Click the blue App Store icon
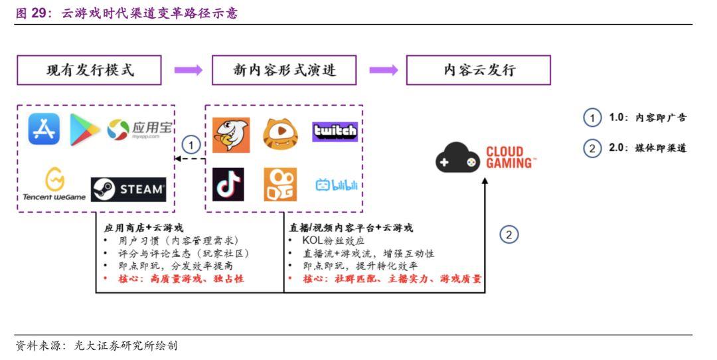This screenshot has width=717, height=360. click(x=44, y=129)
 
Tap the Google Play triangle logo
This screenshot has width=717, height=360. click(x=85, y=129)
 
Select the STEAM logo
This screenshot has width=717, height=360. click(x=129, y=189)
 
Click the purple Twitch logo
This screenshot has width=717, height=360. click(x=335, y=132)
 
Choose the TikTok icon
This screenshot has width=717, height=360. click(x=228, y=185)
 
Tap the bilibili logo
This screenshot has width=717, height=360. click(x=336, y=185)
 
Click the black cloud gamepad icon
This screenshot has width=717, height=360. click(x=457, y=158)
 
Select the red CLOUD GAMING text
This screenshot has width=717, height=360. click(x=511, y=157)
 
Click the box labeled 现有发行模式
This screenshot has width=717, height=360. click(x=90, y=70)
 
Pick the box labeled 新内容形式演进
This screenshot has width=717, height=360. click(x=283, y=70)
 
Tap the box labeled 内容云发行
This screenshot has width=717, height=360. click(x=479, y=70)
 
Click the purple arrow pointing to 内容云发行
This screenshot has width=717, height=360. click(x=383, y=70)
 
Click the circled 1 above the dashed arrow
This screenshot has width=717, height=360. click(x=191, y=144)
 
